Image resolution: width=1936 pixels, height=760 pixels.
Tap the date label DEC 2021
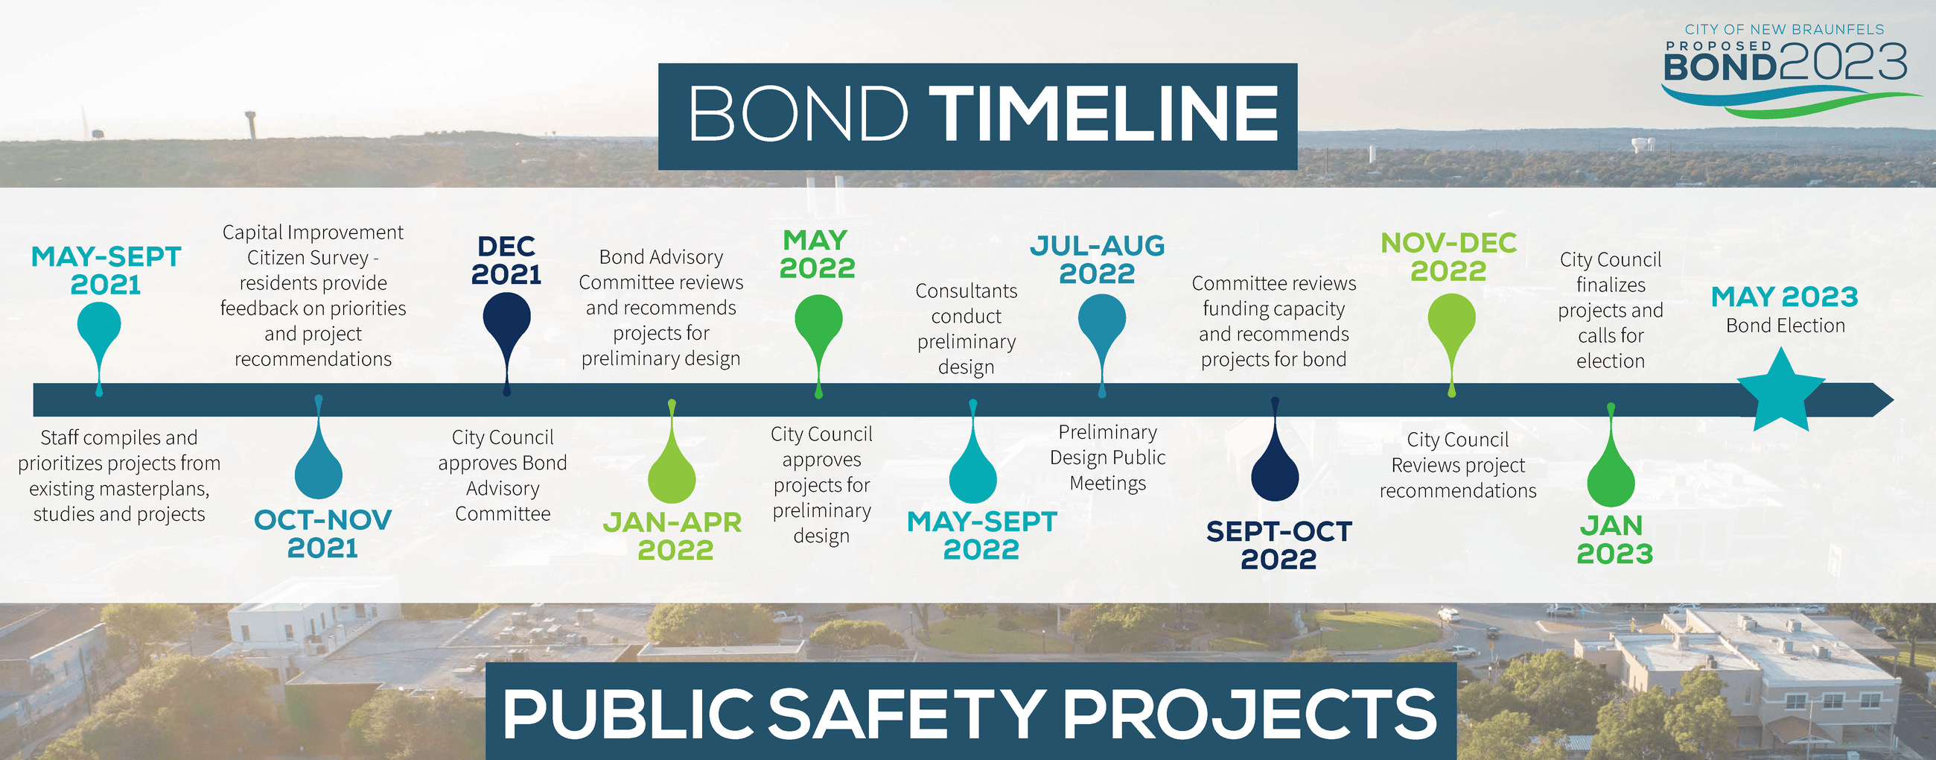[506, 260]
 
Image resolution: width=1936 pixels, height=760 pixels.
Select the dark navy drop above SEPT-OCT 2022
[1275, 469]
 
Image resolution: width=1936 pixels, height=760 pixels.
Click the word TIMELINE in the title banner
[1104, 114]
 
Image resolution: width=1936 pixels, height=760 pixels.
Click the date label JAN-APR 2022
[672, 536]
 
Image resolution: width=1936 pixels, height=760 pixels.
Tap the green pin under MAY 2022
[818, 323]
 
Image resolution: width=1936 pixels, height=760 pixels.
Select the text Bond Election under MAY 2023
[1785, 326]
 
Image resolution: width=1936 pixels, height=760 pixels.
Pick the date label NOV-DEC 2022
[1448, 256]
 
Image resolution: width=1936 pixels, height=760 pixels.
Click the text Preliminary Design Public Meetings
[1107, 457]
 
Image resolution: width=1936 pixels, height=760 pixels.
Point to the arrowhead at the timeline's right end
[1882, 399]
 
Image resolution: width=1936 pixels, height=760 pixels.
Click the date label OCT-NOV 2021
[322, 533]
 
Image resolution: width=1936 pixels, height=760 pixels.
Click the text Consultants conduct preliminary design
[966, 329]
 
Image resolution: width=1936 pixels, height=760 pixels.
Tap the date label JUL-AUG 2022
[1098, 259]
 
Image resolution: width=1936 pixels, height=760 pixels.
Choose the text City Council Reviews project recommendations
[1457, 465]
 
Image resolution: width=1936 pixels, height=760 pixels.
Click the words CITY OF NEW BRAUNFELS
[1784, 29]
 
